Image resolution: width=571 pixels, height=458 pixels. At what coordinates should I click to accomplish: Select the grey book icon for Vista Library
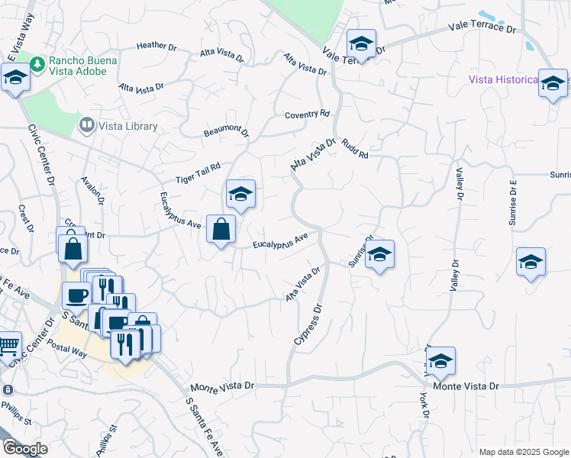[x=86, y=124]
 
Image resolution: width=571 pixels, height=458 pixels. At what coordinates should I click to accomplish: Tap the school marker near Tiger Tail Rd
[x=240, y=195]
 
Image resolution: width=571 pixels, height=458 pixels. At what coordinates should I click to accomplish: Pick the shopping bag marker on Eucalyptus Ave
[x=221, y=229]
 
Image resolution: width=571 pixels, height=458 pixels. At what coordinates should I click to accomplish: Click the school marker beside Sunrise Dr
[x=379, y=255]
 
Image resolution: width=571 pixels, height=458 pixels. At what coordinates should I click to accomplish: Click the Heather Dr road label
[x=156, y=46]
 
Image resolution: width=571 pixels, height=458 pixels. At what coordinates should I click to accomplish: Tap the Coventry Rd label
[x=307, y=114]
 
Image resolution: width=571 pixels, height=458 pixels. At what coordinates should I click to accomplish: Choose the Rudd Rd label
[x=356, y=149]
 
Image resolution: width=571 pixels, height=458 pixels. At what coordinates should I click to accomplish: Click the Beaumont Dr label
[x=227, y=132]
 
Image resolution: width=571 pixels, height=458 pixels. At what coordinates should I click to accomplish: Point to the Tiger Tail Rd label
[x=198, y=173]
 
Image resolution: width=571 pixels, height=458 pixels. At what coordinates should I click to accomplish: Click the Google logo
[x=24, y=449]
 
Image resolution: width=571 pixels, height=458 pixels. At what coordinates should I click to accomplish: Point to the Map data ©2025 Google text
[x=523, y=451]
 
